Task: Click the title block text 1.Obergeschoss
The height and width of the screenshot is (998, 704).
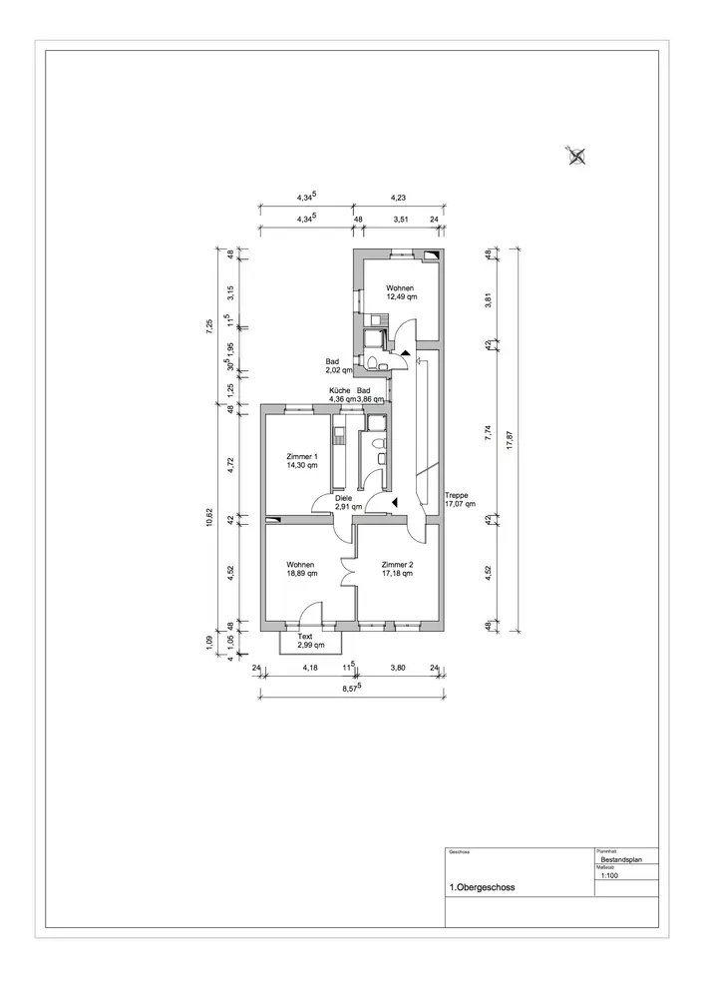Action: [x=483, y=886]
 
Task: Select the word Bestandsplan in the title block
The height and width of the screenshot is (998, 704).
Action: [x=621, y=858]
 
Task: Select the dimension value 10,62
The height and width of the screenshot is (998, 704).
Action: [x=210, y=517]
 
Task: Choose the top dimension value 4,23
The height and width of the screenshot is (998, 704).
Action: [x=397, y=198]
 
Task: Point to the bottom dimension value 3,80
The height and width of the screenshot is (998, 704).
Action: [x=396, y=668]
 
